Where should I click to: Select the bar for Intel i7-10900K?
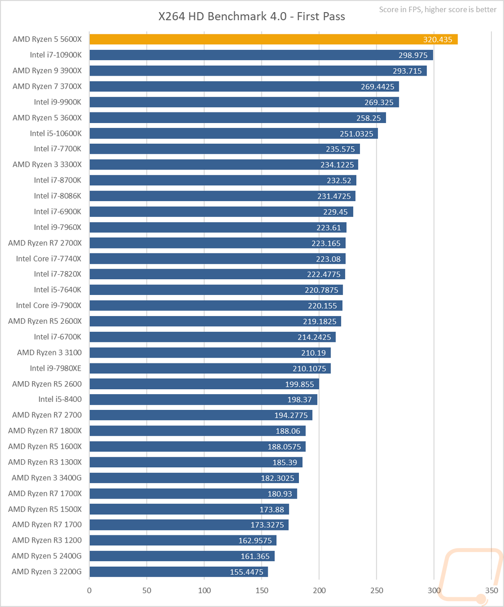(261, 55)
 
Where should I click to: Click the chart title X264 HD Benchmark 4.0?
(251, 17)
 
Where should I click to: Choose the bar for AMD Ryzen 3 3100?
(210, 352)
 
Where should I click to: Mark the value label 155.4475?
(247, 572)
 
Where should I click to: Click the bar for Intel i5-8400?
(203, 399)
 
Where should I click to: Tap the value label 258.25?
(369, 117)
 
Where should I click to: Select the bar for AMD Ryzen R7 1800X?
(197, 431)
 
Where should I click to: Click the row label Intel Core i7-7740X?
(48, 259)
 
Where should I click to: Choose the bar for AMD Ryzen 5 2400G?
(182, 556)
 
